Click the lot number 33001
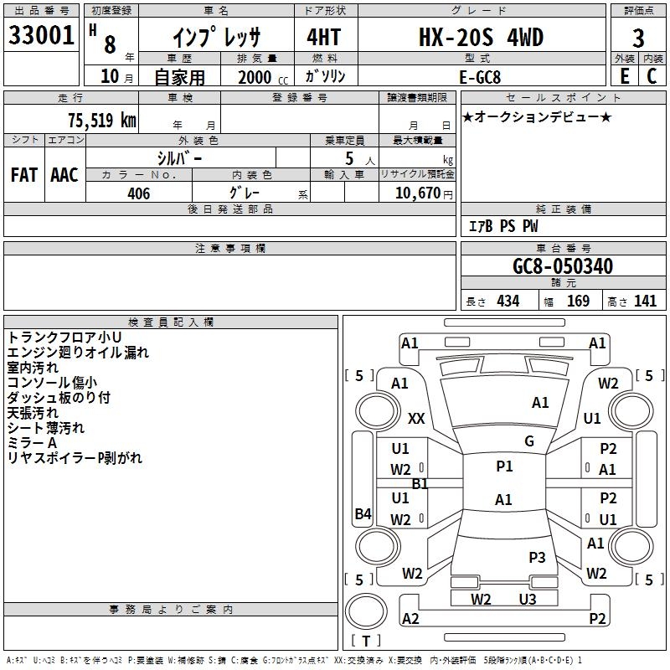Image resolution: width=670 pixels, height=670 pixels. pos(41,35)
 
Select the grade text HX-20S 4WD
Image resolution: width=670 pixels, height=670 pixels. pos(481,37)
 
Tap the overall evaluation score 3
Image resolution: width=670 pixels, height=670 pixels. pos(638,39)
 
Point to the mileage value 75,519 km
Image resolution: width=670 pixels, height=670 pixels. pos(102,120)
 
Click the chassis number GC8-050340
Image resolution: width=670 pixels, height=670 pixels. pos(563,265)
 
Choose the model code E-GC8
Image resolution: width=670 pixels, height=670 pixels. pos(480,77)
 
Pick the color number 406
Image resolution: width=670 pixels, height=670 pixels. pos(138,193)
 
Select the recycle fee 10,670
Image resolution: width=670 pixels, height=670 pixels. pos(417,193)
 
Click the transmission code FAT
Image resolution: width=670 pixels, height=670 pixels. pos(24,175)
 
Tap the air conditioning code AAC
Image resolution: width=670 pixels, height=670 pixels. pos(64,175)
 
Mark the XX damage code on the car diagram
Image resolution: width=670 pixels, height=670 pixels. pos(416,418)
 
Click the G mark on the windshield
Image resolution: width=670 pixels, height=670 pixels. pos(529,441)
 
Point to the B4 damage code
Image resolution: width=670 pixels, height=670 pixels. pos(363,513)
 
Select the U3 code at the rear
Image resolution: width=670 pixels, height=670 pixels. pos(528,599)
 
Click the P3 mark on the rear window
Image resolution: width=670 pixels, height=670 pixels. pos(537,557)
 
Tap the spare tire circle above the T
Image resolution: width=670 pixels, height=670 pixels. pos(366,611)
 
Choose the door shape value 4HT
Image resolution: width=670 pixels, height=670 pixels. pos(324,37)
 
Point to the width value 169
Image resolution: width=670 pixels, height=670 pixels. pos(578,301)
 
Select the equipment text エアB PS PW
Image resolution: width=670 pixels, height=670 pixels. pos(503,225)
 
